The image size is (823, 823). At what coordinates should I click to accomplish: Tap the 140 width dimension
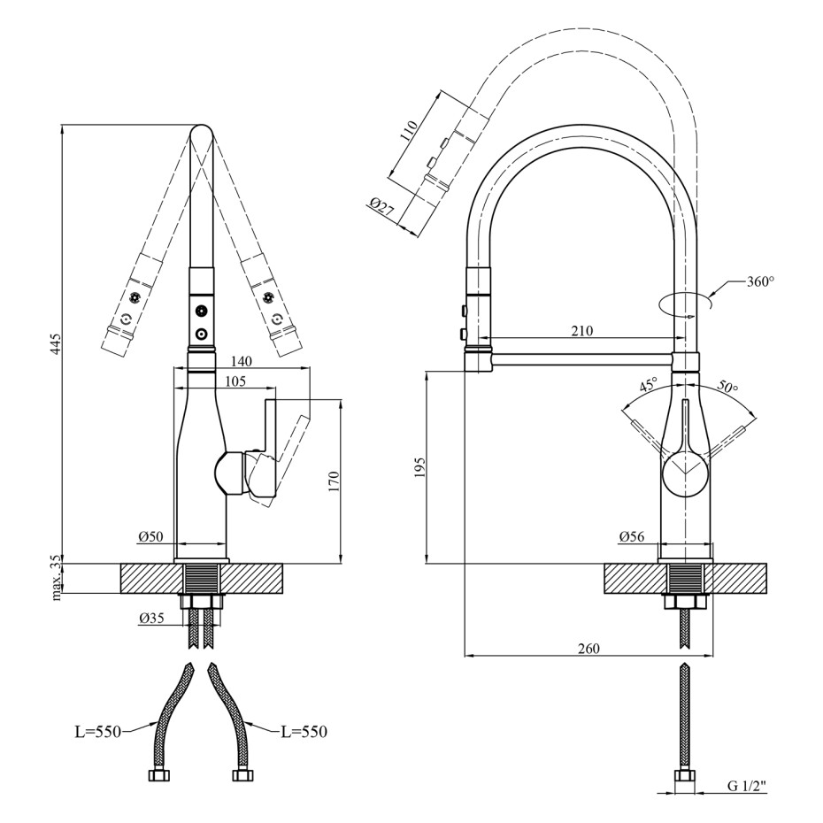tap(241, 361)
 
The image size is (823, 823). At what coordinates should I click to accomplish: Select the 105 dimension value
tap(235, 381)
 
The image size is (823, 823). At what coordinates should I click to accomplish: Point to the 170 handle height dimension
tap(335, 481)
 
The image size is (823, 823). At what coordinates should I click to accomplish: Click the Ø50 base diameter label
tap(151, 536)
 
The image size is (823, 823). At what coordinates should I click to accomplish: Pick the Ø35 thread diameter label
tap(151, 619)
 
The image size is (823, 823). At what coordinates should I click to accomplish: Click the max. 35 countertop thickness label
tap(57, 581)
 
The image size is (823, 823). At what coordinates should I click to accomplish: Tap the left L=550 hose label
tap(97, 731)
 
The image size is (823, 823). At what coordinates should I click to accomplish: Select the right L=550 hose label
tap(304, 731)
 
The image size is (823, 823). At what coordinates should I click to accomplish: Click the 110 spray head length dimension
tap(409, 129)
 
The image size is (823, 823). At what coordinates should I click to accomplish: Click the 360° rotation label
tap(760, 282)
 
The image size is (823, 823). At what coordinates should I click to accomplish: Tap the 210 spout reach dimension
tap(581, 331)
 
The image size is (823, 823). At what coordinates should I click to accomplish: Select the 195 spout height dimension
tap(419, 467)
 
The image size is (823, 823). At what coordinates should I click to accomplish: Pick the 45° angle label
tap(649, 386)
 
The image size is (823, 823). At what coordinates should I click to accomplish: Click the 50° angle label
tap(728, 387)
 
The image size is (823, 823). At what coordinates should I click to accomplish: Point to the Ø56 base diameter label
tap(632, 536)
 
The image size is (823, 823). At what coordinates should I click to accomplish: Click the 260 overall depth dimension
tap(588, 648)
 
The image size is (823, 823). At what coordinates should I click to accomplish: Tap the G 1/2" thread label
tap(747, 800)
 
